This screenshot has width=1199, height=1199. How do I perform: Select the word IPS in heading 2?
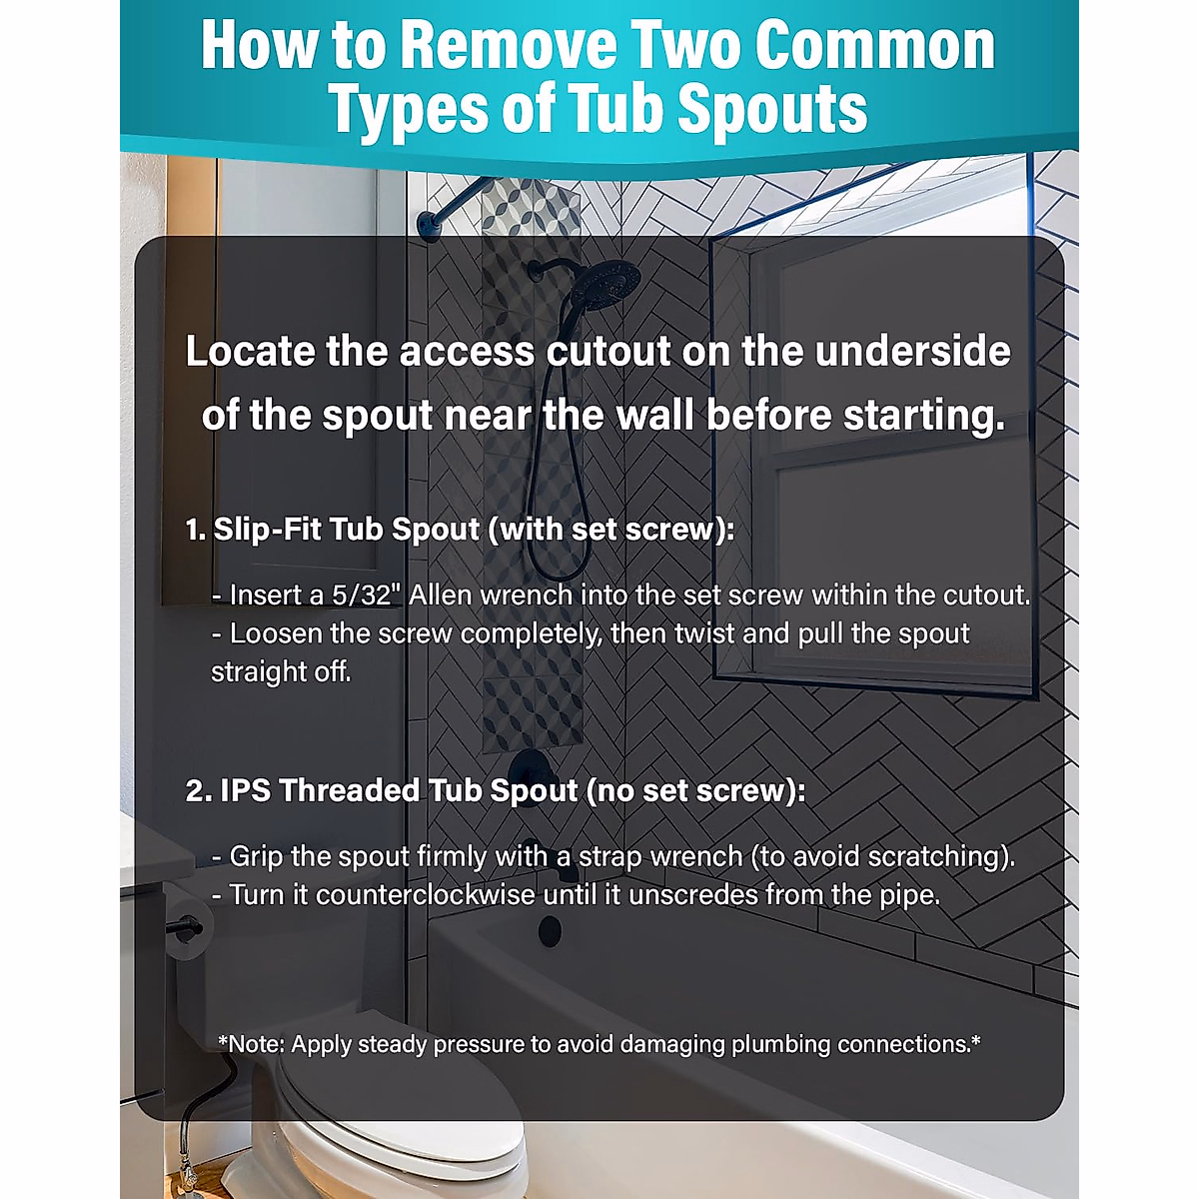[x=246, y=790]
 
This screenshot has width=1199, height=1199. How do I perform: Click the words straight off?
[x=281, y=671]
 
